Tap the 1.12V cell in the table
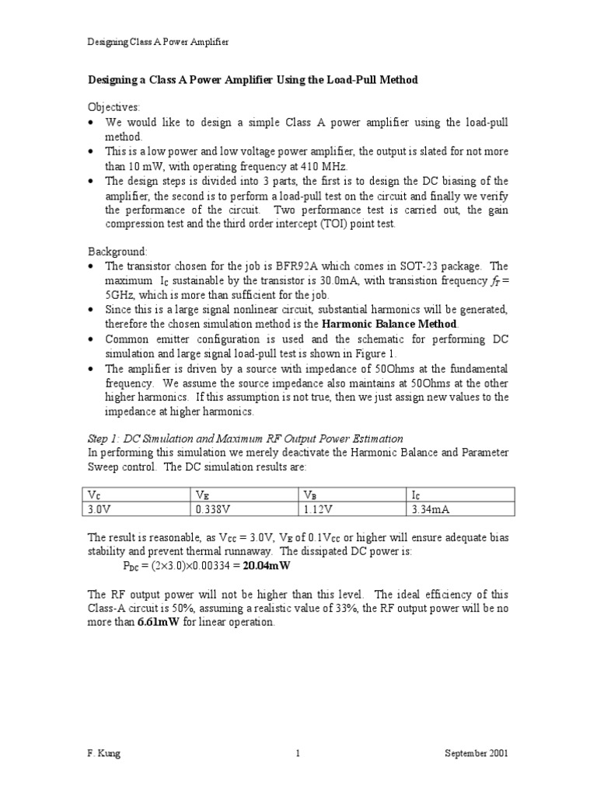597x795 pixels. (x=316, y=509)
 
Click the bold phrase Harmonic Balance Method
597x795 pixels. (x=389, y=323)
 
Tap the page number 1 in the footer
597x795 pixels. (x=298, y=753)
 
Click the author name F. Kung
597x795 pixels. (x=103, y=753)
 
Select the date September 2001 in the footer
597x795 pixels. (x=477, y=753)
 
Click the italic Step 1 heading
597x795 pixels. (x=245, y=439)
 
